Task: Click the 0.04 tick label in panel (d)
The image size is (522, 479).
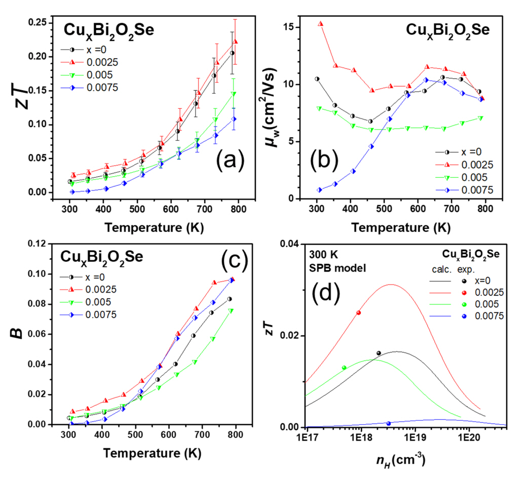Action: coord(289,245)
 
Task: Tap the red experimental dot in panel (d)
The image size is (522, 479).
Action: coord(359,313)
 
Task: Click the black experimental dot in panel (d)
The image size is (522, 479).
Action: coord(379,353)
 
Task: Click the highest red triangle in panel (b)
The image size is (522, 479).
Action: coord(320,24)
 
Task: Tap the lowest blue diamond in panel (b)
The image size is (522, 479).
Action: coord(319,190)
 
